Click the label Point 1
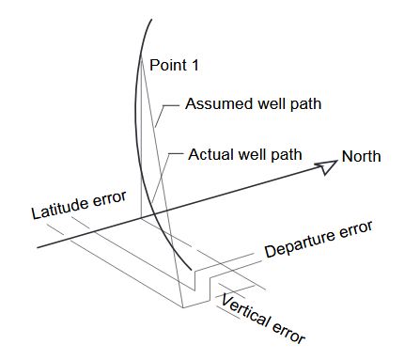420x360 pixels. pos(174,65)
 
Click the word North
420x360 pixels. pos(361,156)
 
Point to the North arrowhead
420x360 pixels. pos(326,167)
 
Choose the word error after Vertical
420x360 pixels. pos(288,330)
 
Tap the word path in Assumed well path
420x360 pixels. pos(303,103)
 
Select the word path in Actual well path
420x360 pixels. pos(284,153)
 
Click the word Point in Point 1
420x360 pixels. pos(166,65)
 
